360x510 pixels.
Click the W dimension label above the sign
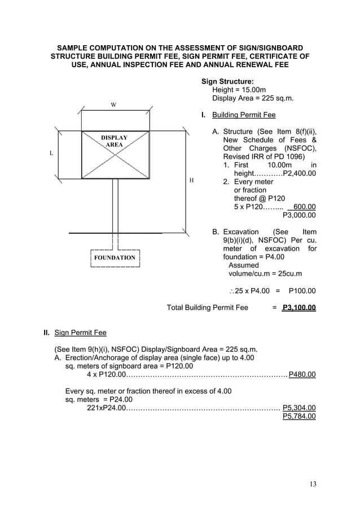click(x=113, y=105)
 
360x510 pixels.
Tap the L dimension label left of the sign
click(x=51, y=153)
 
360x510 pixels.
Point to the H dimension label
click(x=191, y=180)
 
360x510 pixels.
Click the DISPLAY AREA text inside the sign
click(x=114, y=141)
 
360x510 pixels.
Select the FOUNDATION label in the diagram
click(x=115, y=258)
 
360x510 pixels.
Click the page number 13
click(x=314, y=484)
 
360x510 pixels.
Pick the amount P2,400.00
click(x=299, y=173)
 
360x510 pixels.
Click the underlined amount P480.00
click(x=302, y=374)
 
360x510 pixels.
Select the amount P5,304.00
click(x=299, y=407)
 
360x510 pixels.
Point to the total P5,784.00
click(x=299, y=416)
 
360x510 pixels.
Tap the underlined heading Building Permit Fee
click(x=243, y=115)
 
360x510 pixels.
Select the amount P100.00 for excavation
click(x=302, y=291)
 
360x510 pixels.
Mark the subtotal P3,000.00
click(x=299, y=215)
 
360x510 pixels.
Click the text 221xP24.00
click(x=106, y=407)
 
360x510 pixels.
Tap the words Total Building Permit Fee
click(x=208, y=308)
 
